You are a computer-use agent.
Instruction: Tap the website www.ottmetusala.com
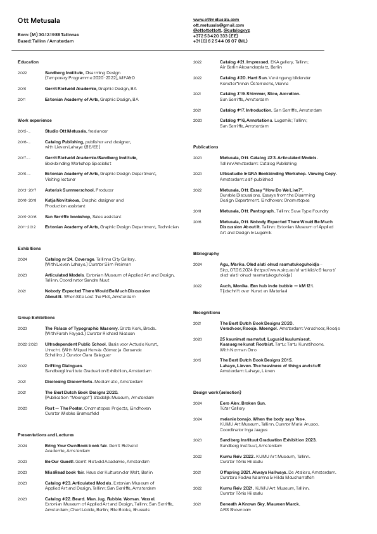pos(216,20)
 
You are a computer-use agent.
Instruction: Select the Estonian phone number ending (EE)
pos(220,36)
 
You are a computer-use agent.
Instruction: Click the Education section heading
pos(28,62)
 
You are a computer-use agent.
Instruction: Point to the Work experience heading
pos(34,120)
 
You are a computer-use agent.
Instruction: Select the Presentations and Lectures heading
pos(46,435)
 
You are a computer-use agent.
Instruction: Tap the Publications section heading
pos(205,147)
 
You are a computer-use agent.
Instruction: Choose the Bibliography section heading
pos(206,253)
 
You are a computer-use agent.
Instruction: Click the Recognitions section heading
pos(207,313)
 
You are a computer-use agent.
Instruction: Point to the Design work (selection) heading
pos(217,393)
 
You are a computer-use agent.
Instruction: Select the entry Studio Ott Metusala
pos(65,131)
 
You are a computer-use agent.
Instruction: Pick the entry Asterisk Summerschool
pos(70,190)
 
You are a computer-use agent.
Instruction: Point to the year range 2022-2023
pos(28,344)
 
